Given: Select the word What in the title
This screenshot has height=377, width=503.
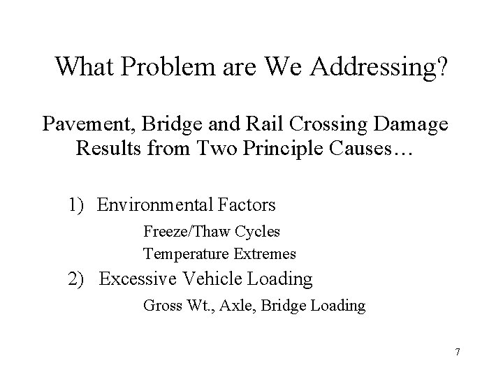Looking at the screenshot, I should click(82, 67).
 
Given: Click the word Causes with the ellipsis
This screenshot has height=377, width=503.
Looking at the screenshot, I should click(378, 151).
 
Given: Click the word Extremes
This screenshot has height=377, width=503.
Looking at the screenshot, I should click(263, 253).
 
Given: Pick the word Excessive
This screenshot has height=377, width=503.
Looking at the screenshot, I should click(137, 279).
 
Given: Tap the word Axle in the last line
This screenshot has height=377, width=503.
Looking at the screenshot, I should click(238, 305).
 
